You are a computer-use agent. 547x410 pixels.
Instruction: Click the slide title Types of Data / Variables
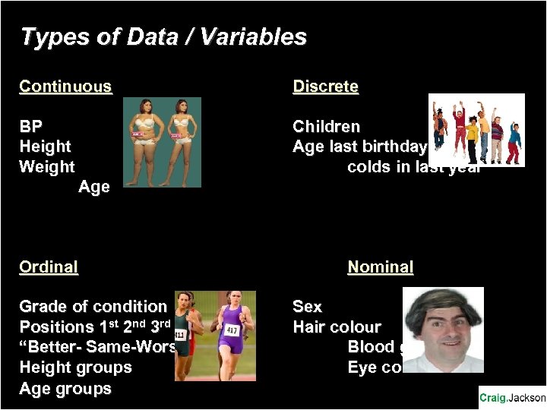click(163, 36)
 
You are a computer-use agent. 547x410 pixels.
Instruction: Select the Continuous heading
click(65, 87)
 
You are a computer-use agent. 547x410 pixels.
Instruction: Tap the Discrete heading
click(325, 87)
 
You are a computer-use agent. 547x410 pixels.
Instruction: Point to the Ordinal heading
click(49, 267)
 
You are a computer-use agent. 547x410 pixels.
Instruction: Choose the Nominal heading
click(380, 267)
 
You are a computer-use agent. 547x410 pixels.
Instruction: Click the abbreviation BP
click(31, 126)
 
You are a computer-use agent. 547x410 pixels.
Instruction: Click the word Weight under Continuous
click(47, 166)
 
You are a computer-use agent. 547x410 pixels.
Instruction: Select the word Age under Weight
click(94, 187)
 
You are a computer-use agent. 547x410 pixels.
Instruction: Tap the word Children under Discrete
click(326, 126)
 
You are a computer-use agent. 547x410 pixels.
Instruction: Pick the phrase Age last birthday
click(360, 147)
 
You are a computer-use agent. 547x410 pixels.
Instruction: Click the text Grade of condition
click(93, 307)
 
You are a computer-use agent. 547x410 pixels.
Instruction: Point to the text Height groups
click(75, 367)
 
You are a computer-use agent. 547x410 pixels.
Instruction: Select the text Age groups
click(65, 389)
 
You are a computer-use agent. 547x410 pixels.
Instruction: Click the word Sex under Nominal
click(307, 307)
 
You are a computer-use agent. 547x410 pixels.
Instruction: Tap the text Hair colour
click(337, 327)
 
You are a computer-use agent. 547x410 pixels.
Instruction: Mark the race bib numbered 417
click(231, 331)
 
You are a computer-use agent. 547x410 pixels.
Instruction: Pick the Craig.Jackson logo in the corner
click(512, 398)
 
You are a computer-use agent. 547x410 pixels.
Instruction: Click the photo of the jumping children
click(476, 129)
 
